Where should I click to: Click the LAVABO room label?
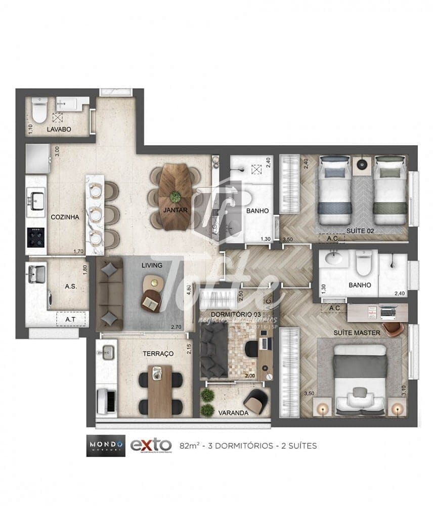point(59,130)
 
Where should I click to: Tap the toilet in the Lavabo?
point(39,108)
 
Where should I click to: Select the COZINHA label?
point(65,217)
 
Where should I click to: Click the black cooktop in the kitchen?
point(35,237)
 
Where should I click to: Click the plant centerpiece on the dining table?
point(175,197)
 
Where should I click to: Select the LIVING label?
point(152,265)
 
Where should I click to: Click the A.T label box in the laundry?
point(70,319)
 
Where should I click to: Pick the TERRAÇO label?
point(158,353)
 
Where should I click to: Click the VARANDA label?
point(233,413)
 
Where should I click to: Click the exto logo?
point(151,445)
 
